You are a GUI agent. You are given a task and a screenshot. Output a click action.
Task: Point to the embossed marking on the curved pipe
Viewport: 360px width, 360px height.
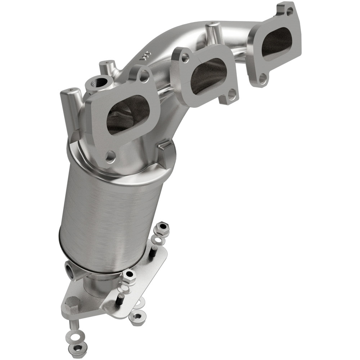(x=145, y=55)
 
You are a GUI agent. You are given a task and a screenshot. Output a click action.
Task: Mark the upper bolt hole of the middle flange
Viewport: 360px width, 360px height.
(x=185, y=57)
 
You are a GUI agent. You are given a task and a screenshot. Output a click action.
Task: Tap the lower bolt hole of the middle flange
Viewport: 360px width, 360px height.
(x=231, y=94)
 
